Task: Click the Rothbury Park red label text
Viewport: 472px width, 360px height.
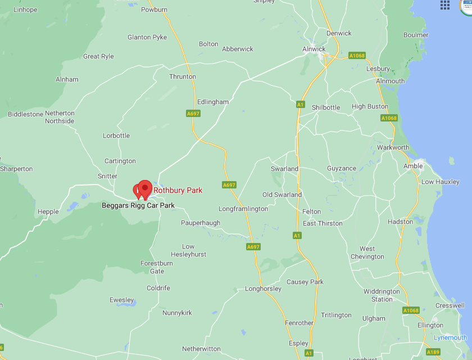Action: pyautogui.click(x=178, y=191)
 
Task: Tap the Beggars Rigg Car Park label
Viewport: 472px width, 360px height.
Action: pyautogui.click(x=138, y=206)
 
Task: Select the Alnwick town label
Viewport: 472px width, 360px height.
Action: pyautogui.click(x=314, y=49)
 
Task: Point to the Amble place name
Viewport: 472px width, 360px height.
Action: pyautogui.click(x=413, y=166)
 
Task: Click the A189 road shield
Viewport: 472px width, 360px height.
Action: pyautogui.click(x=417, y=352)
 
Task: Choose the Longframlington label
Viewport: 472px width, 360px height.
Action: pyautogui.click(x=243, y=209)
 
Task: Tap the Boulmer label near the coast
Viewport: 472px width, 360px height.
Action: pyautogui.click(x=416, y=35)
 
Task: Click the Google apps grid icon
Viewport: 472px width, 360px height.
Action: pyautogui.click(x=445, y=5)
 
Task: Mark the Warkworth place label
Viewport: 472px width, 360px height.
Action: pyautogui.click(x=393, y=147)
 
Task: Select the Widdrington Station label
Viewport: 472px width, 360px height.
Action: pyautogui.click(x=382, y=295)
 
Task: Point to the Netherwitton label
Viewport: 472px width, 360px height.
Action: pyautogui.click(x=201, y=349)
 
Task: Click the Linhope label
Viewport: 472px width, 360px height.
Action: pyautogui.click(x=25, y=10)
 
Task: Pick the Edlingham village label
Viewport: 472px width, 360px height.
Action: pyautogui.click(x=213, y=102)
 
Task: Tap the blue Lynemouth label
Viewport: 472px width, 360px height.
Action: pyautogui.click(x=450, y=337)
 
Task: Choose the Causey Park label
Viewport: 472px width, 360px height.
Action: pyautogui.click(x=305, y=282)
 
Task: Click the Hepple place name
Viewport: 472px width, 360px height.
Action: pyautogui.click(x=48, y=212)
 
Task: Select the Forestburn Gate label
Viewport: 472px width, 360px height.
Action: pyautogui.click(x=157, y=267)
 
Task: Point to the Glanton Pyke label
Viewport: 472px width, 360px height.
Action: pyautogui.click(x=147, y=37)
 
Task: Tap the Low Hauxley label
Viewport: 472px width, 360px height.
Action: pyautogui.click(x=441, y=182)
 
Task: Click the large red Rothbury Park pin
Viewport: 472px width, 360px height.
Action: pyautogui.click(x=146, y=188)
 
